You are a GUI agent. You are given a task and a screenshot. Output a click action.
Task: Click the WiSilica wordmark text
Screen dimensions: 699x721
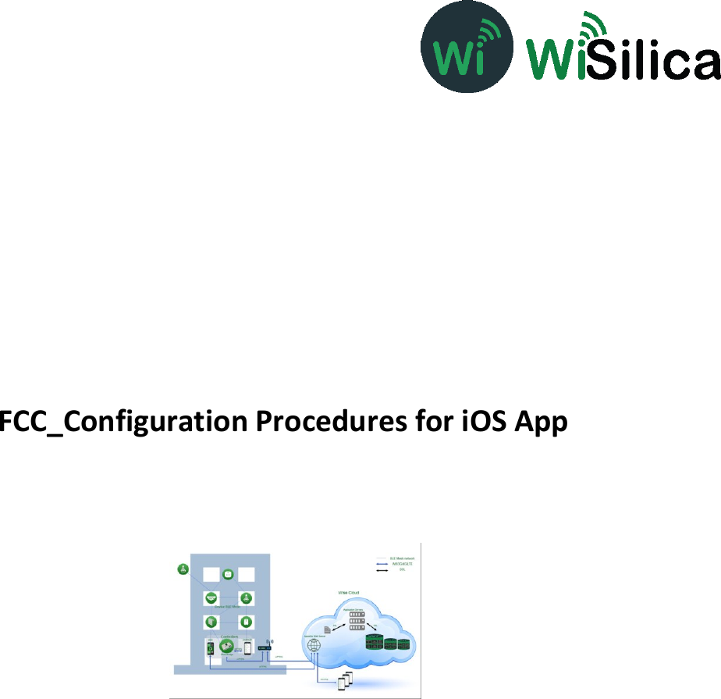pos(623,54)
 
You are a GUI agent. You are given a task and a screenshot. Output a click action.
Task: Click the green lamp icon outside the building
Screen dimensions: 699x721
pos(183,569)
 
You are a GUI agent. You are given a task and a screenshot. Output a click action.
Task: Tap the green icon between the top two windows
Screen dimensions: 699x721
pos(228,575)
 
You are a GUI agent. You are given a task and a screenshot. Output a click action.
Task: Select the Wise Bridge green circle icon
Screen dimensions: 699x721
pos(227,645)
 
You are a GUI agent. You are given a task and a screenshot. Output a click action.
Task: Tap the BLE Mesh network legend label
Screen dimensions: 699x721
pos(402,559)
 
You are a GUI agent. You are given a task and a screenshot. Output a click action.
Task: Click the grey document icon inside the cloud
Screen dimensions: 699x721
pos(326,629)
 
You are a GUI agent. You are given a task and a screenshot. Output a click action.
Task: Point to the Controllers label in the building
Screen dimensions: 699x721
pos(229,636)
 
